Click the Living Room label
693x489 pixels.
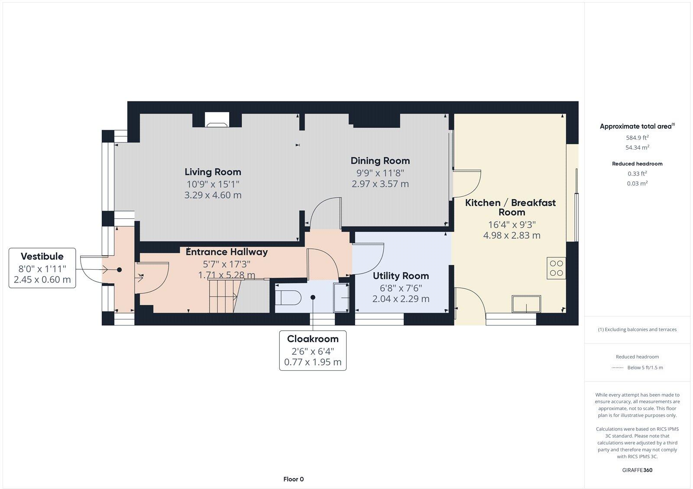pyautogui.click(x=213, y=172)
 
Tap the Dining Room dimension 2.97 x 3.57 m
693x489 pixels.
pyautogui.click(x=380, y=184)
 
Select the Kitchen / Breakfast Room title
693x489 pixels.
pyautogui.click(x=511, y=207)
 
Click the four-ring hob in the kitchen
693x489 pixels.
pyautogui.click(x=556, y=267)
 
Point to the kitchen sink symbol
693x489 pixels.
pyautogui.click(x=526, y=303)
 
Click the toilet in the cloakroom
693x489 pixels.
pyautogui.click(x=288, y=298)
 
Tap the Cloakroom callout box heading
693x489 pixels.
pyautogui.click(x=313, y=339)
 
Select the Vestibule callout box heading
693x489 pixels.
pyautogui.click(x=42, y=256)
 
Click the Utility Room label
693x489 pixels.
pyautogui.click(x=401, y=276)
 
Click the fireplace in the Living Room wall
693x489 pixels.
pyautogui.click(x=216, y=120)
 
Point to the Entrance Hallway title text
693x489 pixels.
pyautogui.click(x=227, y=252)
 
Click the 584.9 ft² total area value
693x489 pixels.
pyautogui.click(x=637, y=138)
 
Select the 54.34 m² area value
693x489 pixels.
pyautogui.click(x=637, y=148)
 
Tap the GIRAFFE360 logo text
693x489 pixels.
pyautogui.click(x=637, y=470)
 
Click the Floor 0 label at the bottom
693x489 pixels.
pyautogui.click(x=293, y=479)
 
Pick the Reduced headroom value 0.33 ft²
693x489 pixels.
pyautogui.click(x=637, y=174)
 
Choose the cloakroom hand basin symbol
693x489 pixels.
pyautogui.click(x=341, y=297)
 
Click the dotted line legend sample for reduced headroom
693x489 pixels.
pyautogui.click(x=616, y=368)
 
